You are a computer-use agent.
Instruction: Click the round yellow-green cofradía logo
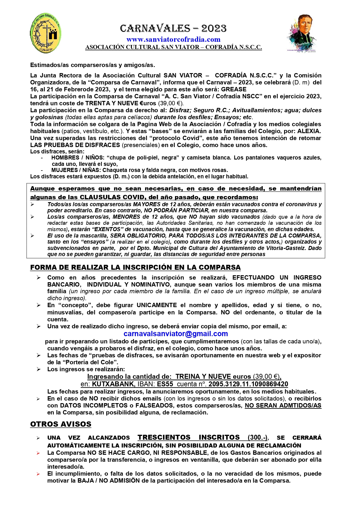click(x=46, y=33)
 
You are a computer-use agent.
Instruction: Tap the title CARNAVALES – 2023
click(x=173, y=28)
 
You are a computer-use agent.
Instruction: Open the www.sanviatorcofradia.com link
click(x=173, y=39)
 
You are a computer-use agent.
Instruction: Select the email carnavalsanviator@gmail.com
click(x=176, y=334)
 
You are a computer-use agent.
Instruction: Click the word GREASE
click(x=234, y=89)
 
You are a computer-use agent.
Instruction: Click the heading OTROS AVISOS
click(x=61, y=424)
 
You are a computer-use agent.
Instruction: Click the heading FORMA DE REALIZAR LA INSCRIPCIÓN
click(x=135, y=267)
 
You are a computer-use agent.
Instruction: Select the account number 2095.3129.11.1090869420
click(x=248, y=384)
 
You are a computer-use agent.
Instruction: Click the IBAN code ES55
click(x=165, y=384)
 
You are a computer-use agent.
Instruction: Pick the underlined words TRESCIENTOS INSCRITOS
click(x=189, y=437)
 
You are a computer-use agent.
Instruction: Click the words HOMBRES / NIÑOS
click(x=77, y=158)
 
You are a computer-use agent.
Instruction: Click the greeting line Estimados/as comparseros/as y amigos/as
click(x=93, y=65)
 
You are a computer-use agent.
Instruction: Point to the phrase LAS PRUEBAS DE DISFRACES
click(x=75, y=145)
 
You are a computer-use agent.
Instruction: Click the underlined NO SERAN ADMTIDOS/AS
click(x=283, y=405)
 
